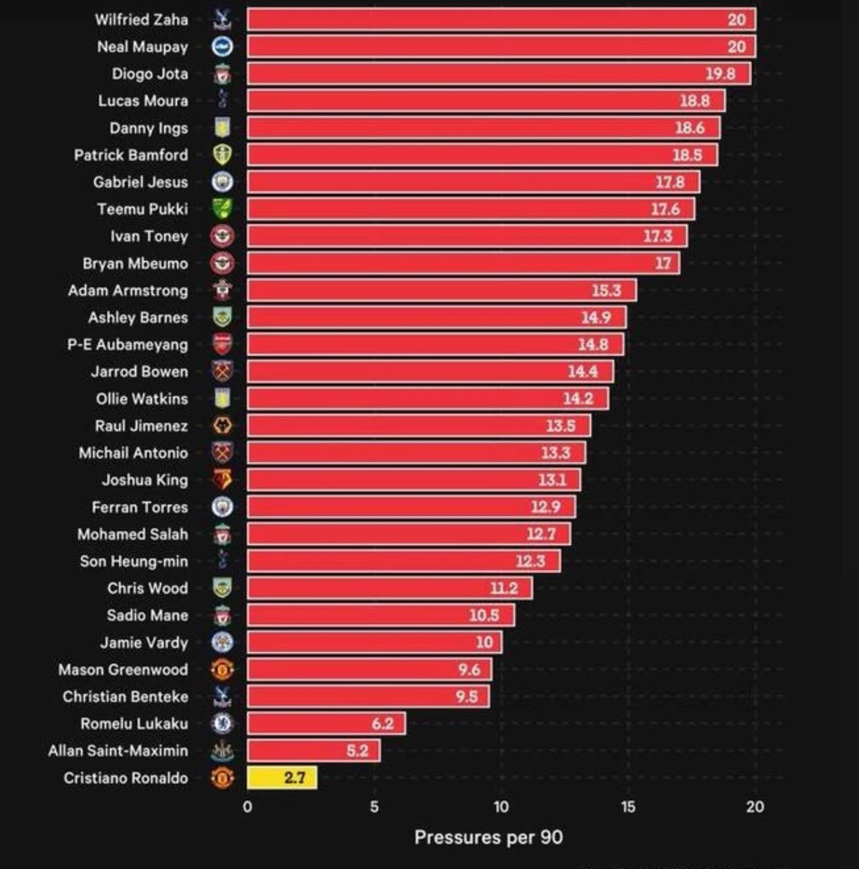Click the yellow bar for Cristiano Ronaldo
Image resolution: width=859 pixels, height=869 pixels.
click(x=282, y=778)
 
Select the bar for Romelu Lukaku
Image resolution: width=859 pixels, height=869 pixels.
click(x=326, y=724)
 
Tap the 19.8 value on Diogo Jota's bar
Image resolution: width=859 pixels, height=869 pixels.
click(x=720, y=74)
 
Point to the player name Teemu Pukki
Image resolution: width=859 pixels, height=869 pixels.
click(x=142, y=209)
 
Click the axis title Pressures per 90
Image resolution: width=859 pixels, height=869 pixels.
click(x=488, y=837)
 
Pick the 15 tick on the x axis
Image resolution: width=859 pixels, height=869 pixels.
click(x=628, y=807)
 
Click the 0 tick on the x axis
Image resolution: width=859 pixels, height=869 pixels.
click(x=247, y=807)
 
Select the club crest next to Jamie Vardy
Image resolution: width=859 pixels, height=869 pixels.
click(x=222, y=642)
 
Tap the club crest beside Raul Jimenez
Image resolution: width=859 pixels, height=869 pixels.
click(x=222, y=426)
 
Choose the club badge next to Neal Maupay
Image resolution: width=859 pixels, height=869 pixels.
click(x=222, y=47)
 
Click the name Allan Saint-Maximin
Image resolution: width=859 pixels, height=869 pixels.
click(x=118, y=751)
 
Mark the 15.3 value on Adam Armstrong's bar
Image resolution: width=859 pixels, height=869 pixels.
click(x=607, y=290)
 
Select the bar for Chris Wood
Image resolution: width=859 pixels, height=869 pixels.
click(x=389, y=588)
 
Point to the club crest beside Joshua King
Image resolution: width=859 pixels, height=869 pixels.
click(x=222, y=480)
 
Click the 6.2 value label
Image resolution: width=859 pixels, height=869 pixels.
click(x=382, y=724)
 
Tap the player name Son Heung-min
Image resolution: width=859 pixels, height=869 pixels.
click(x=134, y=561)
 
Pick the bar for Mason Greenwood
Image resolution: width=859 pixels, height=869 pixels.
click(x=369, y=669)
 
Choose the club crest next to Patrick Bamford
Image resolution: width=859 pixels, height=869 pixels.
click(x=222, y=155)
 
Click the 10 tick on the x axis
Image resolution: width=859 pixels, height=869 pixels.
click(x=501, y=807)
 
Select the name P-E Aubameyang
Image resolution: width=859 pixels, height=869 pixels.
click(x=128, y=344)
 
